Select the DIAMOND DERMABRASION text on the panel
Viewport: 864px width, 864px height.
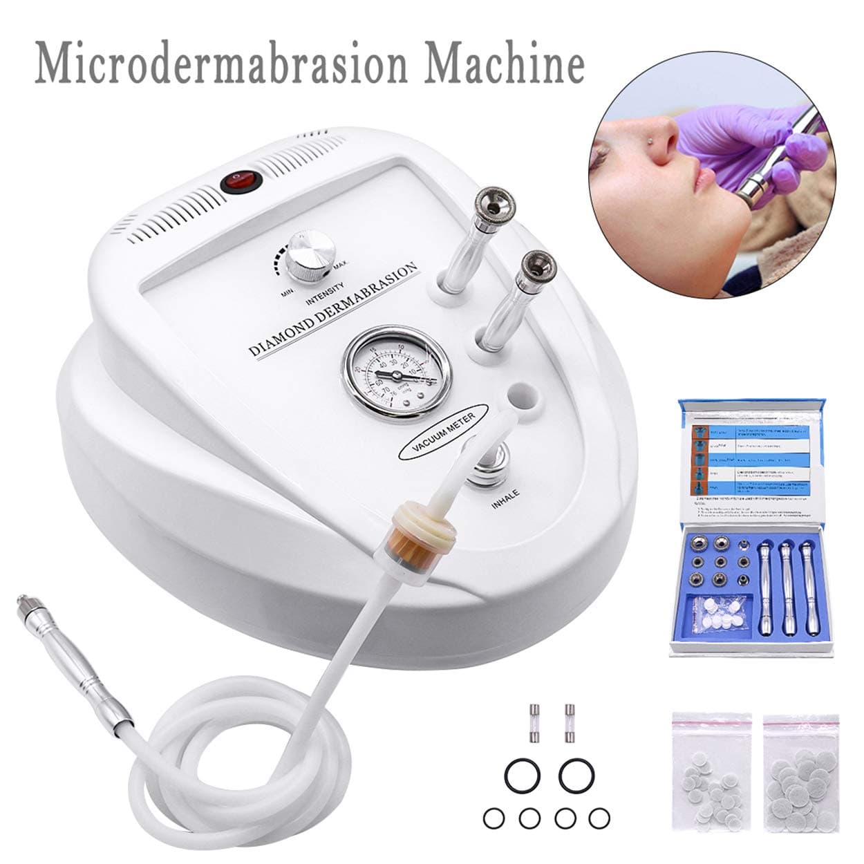[x=334, y=309]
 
